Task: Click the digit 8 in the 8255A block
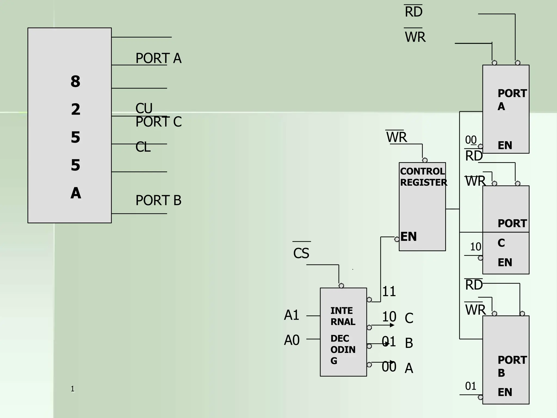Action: point(75,81)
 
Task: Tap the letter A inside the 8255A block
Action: point(76,193)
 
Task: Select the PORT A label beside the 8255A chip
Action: point(158,58)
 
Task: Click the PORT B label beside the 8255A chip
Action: point(158,200)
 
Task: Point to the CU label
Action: point(144,108)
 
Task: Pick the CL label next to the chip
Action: point(143,147)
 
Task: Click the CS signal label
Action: point(301,253)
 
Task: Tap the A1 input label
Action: point(291,315)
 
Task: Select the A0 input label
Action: point(292,340)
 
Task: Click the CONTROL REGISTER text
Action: point(423,177)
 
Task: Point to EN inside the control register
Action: point(409,236)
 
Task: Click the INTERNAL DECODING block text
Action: point(343,335)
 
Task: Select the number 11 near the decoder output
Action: point(389,291)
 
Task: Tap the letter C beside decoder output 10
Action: point(409,318)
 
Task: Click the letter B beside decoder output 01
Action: point(409,343)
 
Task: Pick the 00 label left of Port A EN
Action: point(471,140)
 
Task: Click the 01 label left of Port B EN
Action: point(471,386)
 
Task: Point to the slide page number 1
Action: point(73,389)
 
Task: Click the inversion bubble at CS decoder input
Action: point(341,286)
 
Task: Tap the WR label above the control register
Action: point(397,137)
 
